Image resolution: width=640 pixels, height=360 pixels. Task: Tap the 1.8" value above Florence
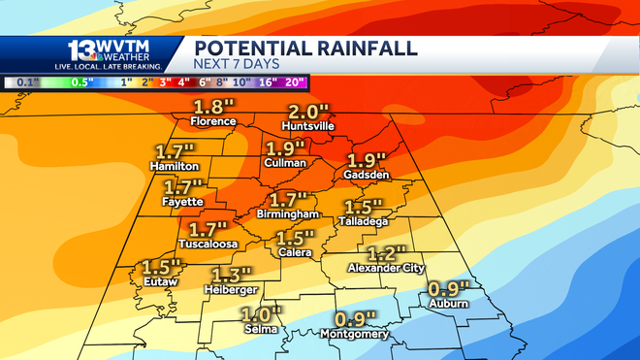click(212, 107)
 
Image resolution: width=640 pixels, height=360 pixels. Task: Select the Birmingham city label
click(288, 213)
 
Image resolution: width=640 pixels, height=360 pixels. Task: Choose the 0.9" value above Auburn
click(449, 288)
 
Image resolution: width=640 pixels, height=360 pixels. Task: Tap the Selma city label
click(260, 329)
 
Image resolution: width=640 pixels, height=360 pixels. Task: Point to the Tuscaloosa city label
click(208, 245)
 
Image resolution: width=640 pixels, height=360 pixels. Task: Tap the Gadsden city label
click(367, 175)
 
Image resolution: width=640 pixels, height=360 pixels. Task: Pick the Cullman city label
click(285, 163)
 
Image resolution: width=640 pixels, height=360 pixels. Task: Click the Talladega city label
click(365, 220)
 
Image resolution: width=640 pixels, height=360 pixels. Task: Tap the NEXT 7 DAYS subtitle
click(238, 65)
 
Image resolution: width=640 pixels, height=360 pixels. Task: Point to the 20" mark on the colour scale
click(297, 82)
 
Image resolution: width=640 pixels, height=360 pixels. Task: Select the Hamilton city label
click(175, 166)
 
